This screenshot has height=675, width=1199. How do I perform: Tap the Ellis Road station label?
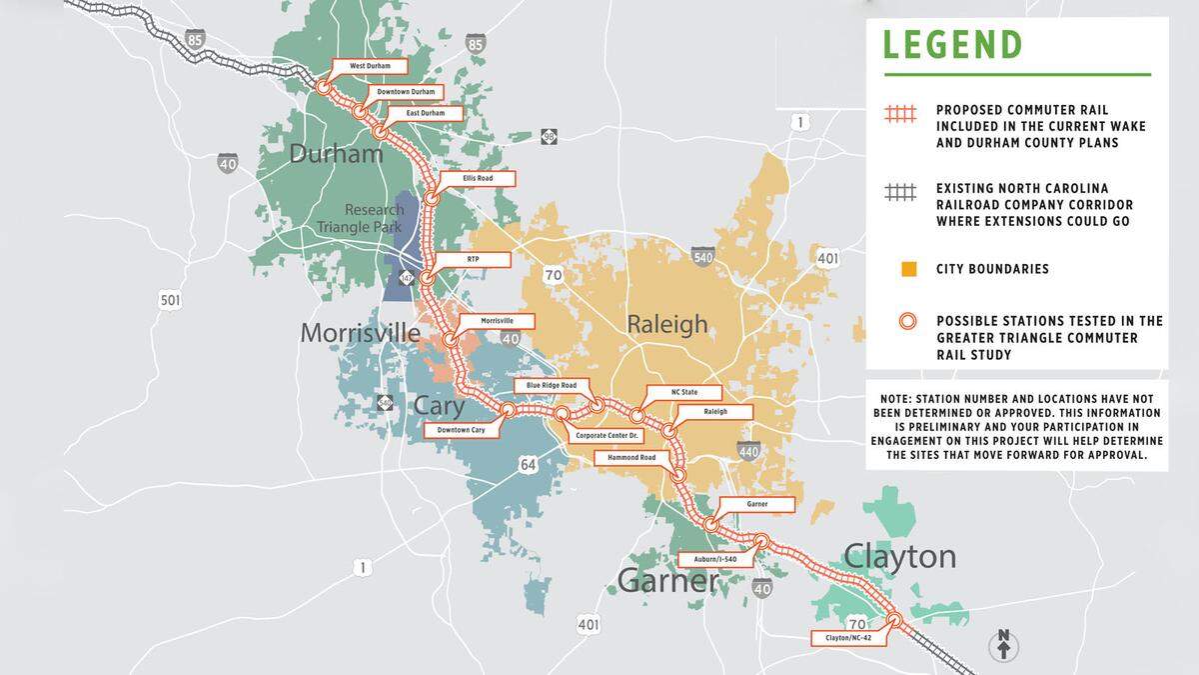pyautogui.click(x=479, y=179)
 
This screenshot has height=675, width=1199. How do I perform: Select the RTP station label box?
pyautogui.click(x=474, y=259)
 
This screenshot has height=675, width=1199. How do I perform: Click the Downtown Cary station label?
pyautogui.click(x=460, y=430)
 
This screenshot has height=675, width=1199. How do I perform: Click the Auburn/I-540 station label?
pyautogui.click(x=714, y=560)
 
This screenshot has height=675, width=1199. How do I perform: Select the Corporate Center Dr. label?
pyautogui.click(x=607, y=436)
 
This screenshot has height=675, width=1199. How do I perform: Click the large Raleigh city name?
pyautogui.click(x=666, y=324)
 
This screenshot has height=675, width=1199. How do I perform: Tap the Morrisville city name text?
pyautogui.click(x=360, y=333)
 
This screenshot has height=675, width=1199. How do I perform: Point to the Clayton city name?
pyautogui.click(x=899, y=556)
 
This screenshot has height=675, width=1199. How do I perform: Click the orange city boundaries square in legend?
pyautogui.click(x=907, y=269)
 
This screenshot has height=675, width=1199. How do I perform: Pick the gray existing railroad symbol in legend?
pyautogui.click(x=899, y=196)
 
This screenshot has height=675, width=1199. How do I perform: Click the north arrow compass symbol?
pyautogui.click(x=1002, y=645)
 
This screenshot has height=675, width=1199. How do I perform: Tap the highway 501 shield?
pyautogui.click(x=170, y=299)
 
